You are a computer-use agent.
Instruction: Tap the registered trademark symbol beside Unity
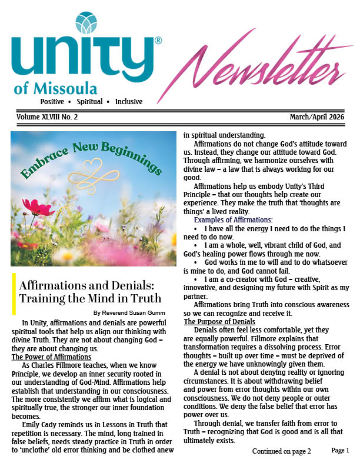pos(158,41)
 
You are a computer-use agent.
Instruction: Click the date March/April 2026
pos(320,117)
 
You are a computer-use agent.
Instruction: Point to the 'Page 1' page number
pos(340,450)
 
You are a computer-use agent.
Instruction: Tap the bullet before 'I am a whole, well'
pos(195,245)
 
